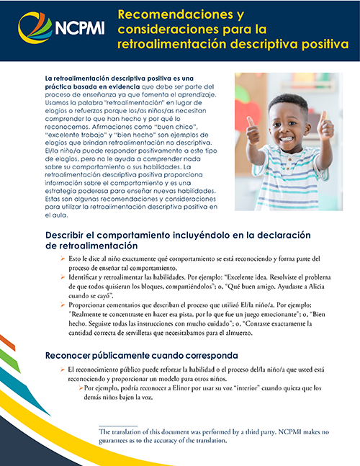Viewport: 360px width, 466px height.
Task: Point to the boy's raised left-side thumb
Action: coord(253,133)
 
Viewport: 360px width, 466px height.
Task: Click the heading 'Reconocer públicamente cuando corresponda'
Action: coord(148,355)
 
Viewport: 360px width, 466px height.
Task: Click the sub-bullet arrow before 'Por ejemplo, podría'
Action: coord(80,388)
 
